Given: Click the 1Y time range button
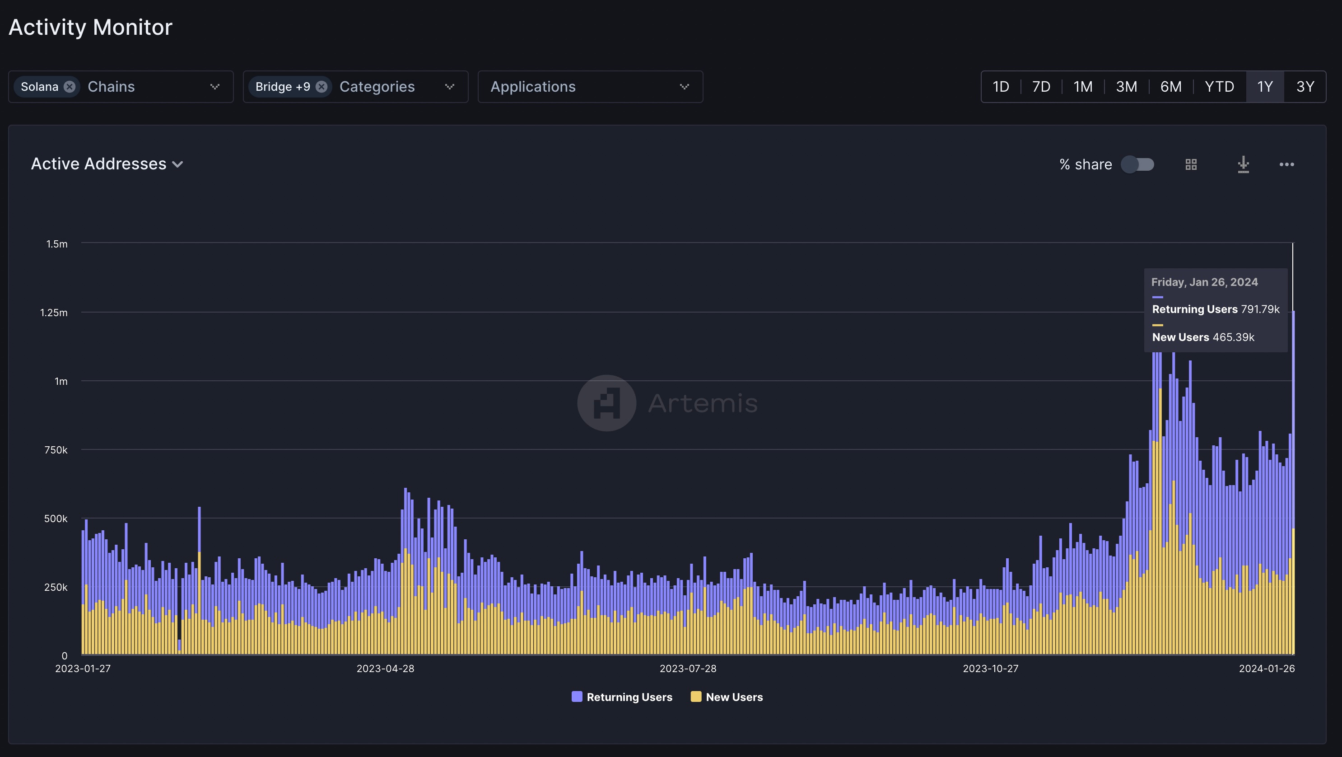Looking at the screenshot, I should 1264,86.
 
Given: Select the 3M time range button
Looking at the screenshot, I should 1126,86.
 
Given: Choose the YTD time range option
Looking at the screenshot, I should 1219,86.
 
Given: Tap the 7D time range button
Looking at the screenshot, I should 1041,86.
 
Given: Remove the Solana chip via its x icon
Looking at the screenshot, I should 69,86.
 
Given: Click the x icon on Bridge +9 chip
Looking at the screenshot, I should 322,86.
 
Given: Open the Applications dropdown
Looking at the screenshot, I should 590,86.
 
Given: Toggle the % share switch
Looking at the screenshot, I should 1138,164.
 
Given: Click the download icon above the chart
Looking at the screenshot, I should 1243,164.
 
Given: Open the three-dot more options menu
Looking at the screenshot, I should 1286,164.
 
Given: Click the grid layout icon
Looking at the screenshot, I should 1191,164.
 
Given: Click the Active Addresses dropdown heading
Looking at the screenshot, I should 107,164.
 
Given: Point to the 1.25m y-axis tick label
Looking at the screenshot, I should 54,313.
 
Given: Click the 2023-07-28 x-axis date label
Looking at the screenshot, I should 688,668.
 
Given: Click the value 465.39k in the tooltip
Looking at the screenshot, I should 1233,337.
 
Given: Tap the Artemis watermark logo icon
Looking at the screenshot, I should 606,403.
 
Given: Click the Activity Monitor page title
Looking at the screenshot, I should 90,27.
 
